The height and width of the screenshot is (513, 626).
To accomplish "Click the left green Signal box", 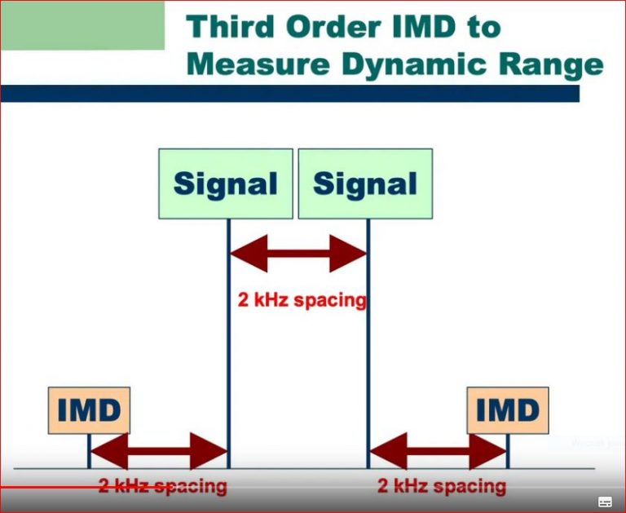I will tap(226, 184).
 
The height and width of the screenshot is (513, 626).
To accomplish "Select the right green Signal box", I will tap(365, 184).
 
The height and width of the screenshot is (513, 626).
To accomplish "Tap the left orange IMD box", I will tap(89, 410).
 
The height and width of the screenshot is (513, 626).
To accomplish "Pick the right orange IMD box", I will tap(508, 410).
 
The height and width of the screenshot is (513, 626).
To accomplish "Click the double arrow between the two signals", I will tap(298, 254).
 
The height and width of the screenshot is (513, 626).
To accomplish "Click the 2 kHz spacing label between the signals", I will tap(302, 300).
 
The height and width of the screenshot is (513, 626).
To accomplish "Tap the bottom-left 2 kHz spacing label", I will tap(162, 487).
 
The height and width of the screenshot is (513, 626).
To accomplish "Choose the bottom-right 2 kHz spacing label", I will tap(441, 487).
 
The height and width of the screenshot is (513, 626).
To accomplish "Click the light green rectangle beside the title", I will tap(82, 24).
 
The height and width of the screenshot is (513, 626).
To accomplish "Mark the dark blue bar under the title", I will tap(289, 93).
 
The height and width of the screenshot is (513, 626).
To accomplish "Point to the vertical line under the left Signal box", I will tap(228, 343).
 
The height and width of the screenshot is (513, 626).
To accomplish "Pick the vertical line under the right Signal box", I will tap(368, 343).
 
